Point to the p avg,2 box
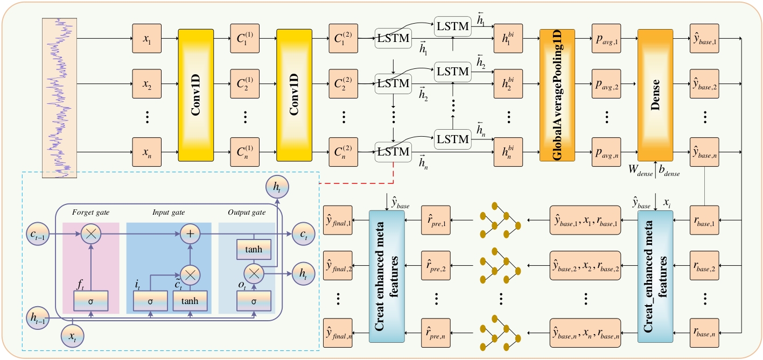point(606,84)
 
